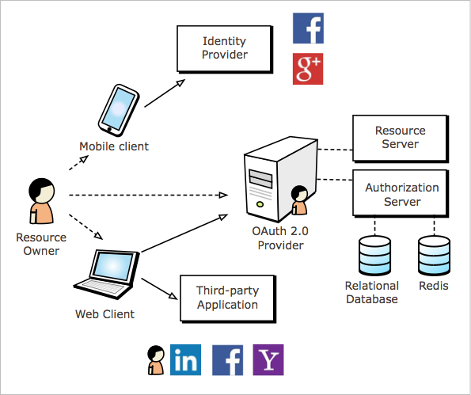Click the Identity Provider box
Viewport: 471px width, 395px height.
tap(225, 49)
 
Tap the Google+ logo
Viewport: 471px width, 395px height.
tap(308, 69)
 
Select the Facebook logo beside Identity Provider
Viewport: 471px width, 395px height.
tap(308, 28)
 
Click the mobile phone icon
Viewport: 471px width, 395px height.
tap(119, 110)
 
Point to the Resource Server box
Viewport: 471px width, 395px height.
tap(401, 139)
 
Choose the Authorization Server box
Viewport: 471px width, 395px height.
tap(401, 193)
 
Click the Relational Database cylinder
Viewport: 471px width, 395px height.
tap(374, 256)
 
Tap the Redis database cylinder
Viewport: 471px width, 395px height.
tap(434, 256)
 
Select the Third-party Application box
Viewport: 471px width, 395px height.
tap(228, 298)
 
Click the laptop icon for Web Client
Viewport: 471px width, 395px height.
tap(107, 274)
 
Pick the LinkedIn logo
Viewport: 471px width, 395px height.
tap(185, 360)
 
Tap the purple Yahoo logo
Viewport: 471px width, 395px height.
tap(268, 360)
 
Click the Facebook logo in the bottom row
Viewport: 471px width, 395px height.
tap(227, 360)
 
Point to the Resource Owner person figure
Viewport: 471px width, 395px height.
tap(41, 201)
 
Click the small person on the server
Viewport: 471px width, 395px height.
tap(299, 200)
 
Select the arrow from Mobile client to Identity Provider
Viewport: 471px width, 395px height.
tap(165, 93)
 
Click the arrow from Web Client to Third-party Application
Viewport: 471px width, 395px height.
tap(159, 289)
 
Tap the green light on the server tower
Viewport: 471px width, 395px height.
tap(260, 204)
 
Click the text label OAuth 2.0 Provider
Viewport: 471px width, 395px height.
tap(280, 238)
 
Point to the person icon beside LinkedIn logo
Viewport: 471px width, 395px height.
tap(156, 360)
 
